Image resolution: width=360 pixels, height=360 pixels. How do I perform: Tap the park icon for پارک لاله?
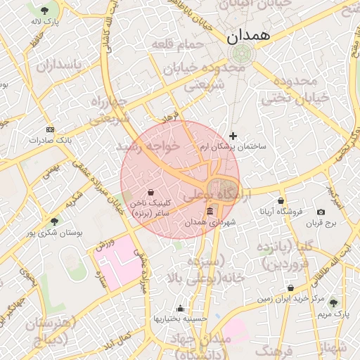pos(45,11)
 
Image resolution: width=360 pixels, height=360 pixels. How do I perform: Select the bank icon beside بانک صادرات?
pos(49,129)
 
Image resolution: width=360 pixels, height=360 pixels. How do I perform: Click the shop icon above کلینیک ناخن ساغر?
pos(151,191)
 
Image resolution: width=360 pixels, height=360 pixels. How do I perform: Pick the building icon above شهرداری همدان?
pos(210,212)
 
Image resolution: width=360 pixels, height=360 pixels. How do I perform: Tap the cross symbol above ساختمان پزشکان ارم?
pos(233,136)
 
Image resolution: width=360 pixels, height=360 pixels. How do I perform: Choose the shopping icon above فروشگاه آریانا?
pos(281,200)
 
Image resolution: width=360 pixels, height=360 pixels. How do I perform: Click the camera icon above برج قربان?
pos(321,212)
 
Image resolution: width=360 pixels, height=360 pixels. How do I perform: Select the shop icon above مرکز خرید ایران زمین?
pos(291,288)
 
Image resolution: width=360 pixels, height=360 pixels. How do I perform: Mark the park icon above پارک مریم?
pos(333,303)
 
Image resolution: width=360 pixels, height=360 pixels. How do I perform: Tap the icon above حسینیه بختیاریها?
pos(181,308)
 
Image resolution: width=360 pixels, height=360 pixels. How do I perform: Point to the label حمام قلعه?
pos(177,44)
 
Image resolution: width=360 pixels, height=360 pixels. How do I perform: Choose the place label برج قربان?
pos(321,224)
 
